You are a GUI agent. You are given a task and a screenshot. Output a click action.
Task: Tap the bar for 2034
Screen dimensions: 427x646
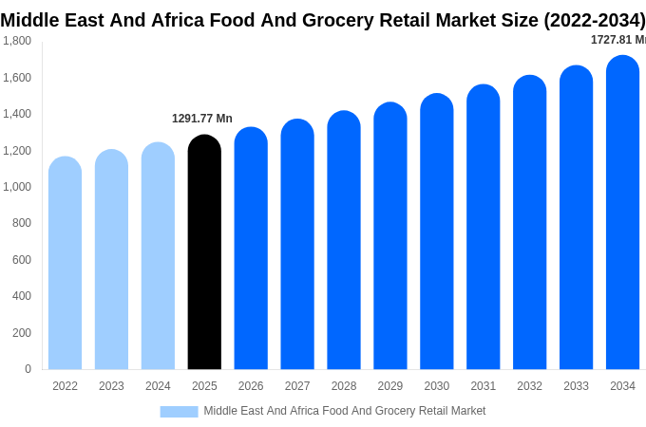(622, 213)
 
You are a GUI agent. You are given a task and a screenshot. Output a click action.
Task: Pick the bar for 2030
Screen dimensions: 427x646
(437, 232)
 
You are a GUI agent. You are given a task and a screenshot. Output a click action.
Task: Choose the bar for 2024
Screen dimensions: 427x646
(158, 256)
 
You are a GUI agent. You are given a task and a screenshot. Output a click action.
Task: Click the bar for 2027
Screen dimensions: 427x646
(297, 244)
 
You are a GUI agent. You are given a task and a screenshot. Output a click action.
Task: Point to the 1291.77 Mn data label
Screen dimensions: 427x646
(201, 119)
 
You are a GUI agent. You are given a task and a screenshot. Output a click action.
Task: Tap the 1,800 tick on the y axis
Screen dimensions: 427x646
(16, 41)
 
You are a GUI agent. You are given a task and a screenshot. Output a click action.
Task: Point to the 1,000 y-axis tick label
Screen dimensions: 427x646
(16, 187)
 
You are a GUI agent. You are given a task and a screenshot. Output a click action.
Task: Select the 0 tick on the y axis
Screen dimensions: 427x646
(28, 369)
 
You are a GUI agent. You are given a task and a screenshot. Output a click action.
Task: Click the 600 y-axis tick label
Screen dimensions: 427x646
(21, 260)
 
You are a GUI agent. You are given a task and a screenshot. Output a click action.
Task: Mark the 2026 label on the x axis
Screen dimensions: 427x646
(251, 386)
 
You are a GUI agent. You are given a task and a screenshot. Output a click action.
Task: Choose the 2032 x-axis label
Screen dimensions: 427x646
(529, 386)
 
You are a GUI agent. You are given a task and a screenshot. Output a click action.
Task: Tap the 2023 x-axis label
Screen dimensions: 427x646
(111, 386)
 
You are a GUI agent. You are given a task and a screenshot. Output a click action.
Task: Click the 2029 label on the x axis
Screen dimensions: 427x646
(390, 386)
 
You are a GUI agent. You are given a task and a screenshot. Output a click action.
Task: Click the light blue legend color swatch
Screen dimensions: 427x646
(179, 411)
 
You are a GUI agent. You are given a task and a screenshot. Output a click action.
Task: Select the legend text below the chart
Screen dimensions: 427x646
(344, 411)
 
